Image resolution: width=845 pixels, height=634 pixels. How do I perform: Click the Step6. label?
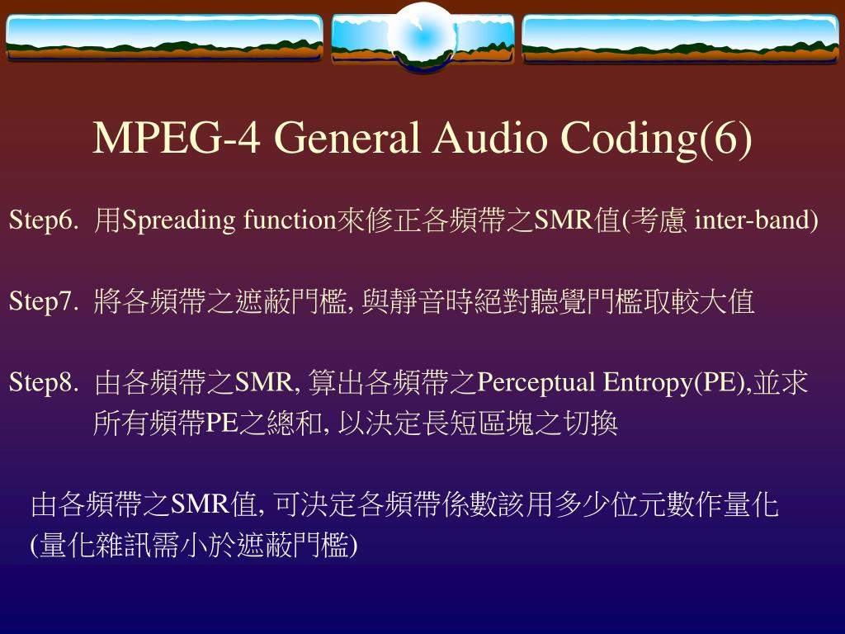[x=44, y=220]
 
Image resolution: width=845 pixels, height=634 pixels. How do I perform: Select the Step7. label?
[x=44, y=302]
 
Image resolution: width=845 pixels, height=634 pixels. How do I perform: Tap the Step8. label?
[x=44, y=383]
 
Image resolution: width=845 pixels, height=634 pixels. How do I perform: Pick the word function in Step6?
[x=290, y=220]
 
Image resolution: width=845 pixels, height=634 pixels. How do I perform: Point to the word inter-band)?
[x=756, y=220]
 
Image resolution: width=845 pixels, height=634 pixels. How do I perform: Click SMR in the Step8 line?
[x=264, y=383]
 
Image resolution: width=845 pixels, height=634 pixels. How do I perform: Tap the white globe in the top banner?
[x=422, y=37]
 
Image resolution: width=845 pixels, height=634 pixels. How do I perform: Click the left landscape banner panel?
[x=164, y=37]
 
